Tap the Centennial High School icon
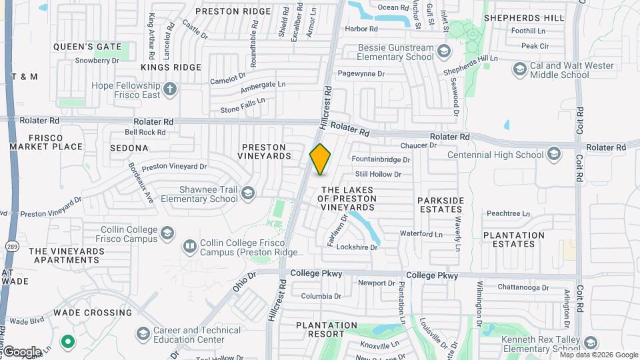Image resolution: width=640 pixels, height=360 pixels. pos(553,155)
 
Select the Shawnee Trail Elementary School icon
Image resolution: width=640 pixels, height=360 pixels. pos(248,193)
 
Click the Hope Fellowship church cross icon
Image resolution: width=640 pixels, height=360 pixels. pos(170,88)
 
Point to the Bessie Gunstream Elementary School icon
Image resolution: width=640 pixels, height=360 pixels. pos(443,51)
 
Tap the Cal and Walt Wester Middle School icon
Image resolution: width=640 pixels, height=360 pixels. pos(519,69)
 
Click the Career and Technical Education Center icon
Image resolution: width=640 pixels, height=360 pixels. pos(143,333)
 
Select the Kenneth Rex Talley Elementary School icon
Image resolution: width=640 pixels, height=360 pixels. pos(590,343)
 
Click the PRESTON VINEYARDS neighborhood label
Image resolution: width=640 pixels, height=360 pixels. pos(264,151)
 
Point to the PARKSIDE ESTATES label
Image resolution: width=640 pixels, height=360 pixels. pos(440,205)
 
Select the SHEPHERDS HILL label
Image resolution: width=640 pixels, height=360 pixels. pos(524,18)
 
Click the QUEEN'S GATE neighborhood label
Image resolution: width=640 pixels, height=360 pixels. pos(87,47)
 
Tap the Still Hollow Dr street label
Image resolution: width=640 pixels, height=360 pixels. pos(378,175)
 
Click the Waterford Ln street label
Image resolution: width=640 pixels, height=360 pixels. pos(421,234)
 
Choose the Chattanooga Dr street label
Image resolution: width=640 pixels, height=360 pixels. pos(523,288)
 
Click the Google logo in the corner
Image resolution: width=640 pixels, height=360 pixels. pos(21,352)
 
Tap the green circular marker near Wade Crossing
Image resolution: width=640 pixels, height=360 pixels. pos(67,343)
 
